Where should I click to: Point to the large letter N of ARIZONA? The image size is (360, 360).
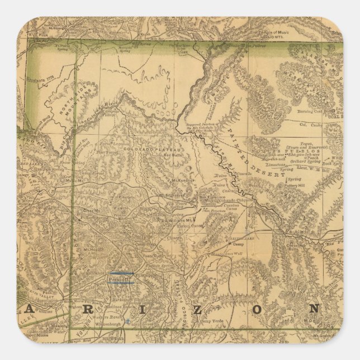pyautogui.click(x=315, y=309)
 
